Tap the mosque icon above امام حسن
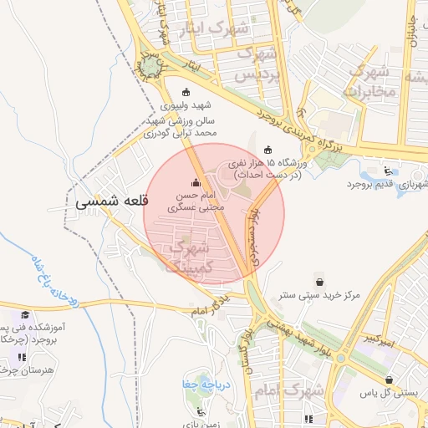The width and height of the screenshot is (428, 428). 196,182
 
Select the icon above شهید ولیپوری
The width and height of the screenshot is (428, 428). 185,93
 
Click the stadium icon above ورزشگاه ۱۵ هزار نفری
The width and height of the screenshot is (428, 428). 267,150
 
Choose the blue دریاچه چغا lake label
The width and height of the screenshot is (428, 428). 201,385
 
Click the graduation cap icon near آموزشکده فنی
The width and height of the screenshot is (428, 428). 26,314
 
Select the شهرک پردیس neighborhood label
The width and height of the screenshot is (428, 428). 255,64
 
